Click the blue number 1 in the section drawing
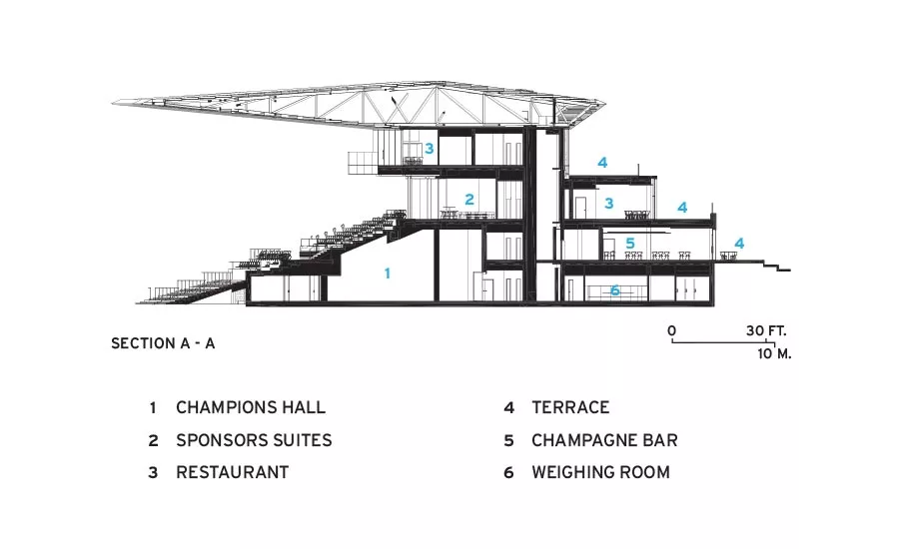(x=388, y=274)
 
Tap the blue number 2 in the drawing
(x=469, y=200)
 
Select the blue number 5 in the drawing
(x=630, y=243)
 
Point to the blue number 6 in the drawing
(x=614, y=290)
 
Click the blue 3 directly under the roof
(x=429, y=149)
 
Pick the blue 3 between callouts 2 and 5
(x=609, y=203)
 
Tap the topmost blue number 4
(x=602, y=163)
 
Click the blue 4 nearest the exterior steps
(x=739, y=244)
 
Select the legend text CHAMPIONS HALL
(x=251, y=407)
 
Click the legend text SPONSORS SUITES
(x=254, y=440)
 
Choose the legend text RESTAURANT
(x=232, y=472)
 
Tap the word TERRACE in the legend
(x=570, y=407)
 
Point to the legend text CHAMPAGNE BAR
(x=604, y=440)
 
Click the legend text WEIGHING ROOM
(x=601, y=472)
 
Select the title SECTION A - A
(x=163, y=343)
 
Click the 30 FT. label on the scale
(x=766, y=330)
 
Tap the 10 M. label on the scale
(x=774, y=353)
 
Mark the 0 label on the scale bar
(x=672, y=330)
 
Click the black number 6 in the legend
(x=508, y=473)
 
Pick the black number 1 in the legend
(x=153, y=408)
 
